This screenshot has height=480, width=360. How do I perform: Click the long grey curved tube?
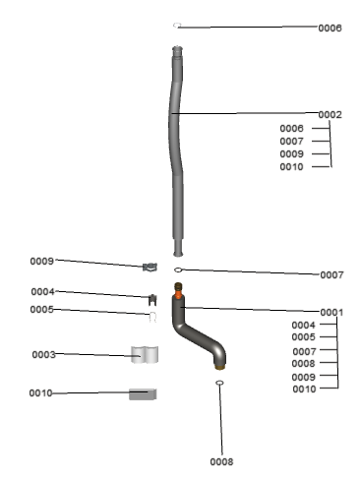point(176,150)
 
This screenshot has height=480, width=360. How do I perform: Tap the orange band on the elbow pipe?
point(178,293)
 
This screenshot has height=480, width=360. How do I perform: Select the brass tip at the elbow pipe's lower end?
point(220,367)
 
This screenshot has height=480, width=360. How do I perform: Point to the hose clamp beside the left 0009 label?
point(150,267)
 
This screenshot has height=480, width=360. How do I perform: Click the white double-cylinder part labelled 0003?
point(145,355)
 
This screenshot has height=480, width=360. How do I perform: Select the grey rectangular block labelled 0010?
point(143,394)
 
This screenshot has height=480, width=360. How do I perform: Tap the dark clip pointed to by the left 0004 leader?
point(152,300)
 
